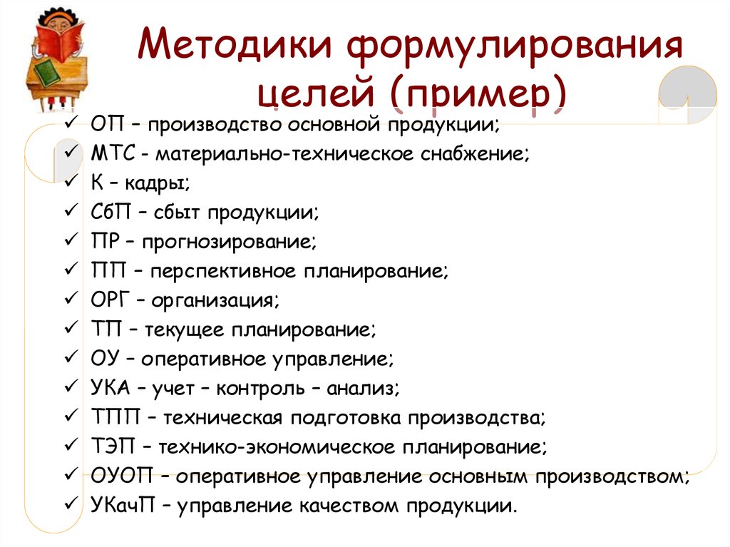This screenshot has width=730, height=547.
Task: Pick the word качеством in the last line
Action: click(348, 506)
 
